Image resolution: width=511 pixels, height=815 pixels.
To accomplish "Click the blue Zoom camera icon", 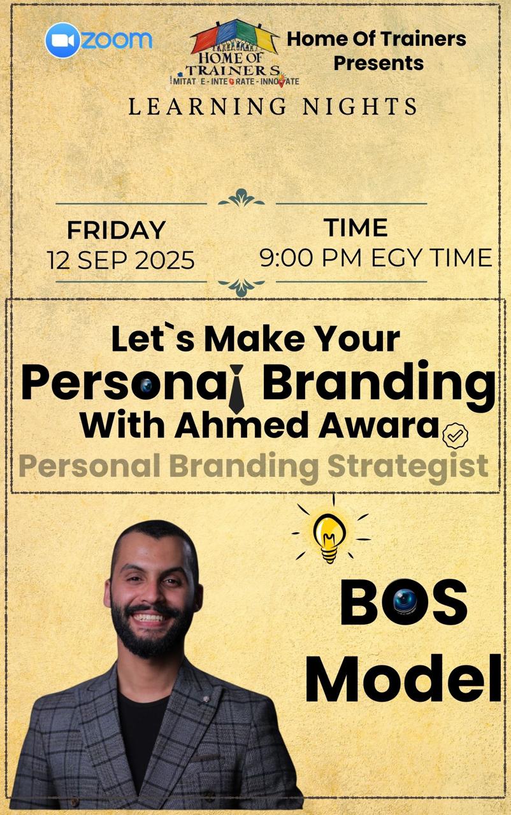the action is pos(62,40).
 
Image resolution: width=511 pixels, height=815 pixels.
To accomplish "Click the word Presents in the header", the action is pos(378,63).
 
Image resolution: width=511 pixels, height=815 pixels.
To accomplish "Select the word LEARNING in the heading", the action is pos(208,106).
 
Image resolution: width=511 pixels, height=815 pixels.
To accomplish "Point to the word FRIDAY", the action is pos(117,230).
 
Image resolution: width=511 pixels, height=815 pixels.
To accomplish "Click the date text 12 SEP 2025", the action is pos(121,260).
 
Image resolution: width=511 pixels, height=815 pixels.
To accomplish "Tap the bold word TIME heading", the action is pos(356,228).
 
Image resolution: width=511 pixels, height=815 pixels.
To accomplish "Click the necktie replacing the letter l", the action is pos(236,388).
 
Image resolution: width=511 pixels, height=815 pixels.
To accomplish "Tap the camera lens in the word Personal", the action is pos(147,386).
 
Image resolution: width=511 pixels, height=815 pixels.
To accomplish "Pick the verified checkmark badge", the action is pos(455,436).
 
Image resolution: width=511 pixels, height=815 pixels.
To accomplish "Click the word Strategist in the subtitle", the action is pos(408,467).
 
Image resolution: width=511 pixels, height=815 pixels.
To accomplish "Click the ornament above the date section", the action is pos(241,198).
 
